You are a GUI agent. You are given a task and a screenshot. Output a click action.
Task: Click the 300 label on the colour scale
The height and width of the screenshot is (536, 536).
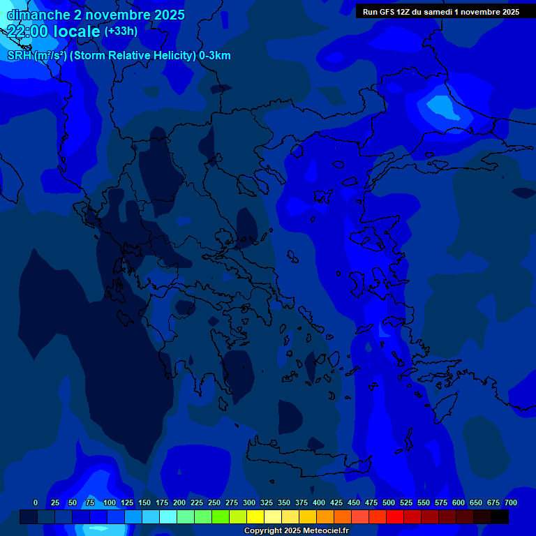click(x=249, y=502)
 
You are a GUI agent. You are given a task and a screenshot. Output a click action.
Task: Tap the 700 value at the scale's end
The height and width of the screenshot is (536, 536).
click(x=510, y=502)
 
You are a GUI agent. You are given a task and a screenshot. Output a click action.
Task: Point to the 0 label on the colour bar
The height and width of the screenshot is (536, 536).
click(x=36, y=502)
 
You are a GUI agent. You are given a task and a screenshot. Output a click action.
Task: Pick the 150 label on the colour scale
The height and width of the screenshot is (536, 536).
click(x=144, y=502)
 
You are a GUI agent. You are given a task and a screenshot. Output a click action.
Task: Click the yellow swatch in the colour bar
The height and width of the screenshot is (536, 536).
click(x=255, y=517)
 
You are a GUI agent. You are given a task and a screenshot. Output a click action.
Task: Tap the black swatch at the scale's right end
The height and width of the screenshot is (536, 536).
click(x=500, y=517)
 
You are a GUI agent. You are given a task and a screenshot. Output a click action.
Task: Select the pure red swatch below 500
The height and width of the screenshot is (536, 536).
click(x=395, y=517)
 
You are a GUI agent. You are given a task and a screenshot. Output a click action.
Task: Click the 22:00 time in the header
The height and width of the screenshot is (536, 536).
click(x=27, y=31)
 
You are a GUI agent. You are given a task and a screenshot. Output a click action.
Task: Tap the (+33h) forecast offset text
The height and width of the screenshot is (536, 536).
click(x=121, y=31)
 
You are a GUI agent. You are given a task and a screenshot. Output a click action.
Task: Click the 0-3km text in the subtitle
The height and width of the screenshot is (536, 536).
click(x=215, y=56)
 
